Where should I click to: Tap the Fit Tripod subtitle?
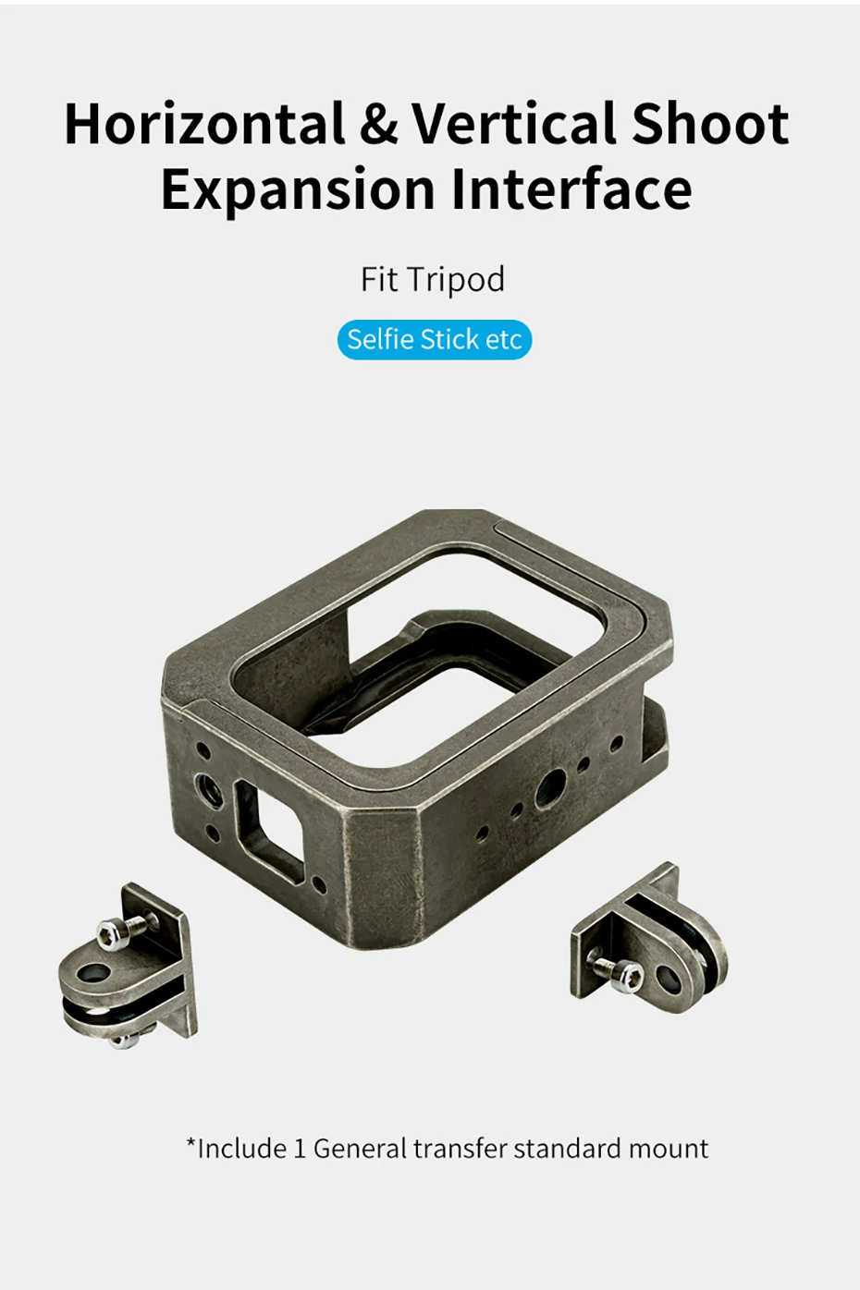pyautogui.click(x=432, y=280)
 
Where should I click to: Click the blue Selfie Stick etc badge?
pyautogui.click(x=434, y=340)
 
